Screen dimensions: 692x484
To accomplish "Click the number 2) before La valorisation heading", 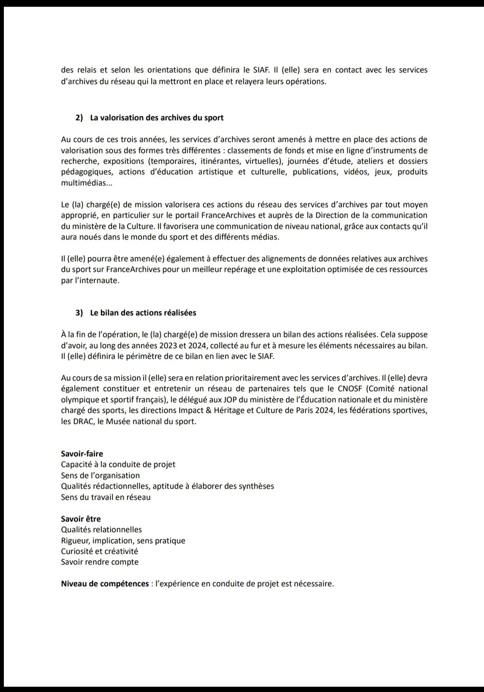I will pos(79,118).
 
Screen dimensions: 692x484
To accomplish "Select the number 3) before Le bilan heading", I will pos(79,313).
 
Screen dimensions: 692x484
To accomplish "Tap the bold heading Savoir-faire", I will pos(82,454).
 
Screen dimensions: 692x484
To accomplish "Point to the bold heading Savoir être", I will pos(81,519).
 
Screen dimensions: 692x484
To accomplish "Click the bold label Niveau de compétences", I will pos(105,584).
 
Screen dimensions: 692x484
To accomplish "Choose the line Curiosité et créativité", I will pos(100,551).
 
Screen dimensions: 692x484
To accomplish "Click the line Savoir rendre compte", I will pos(100,562).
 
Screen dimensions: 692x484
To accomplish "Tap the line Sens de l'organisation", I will pos(100,476).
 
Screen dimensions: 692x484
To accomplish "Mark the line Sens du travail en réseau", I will pos(106,497).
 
